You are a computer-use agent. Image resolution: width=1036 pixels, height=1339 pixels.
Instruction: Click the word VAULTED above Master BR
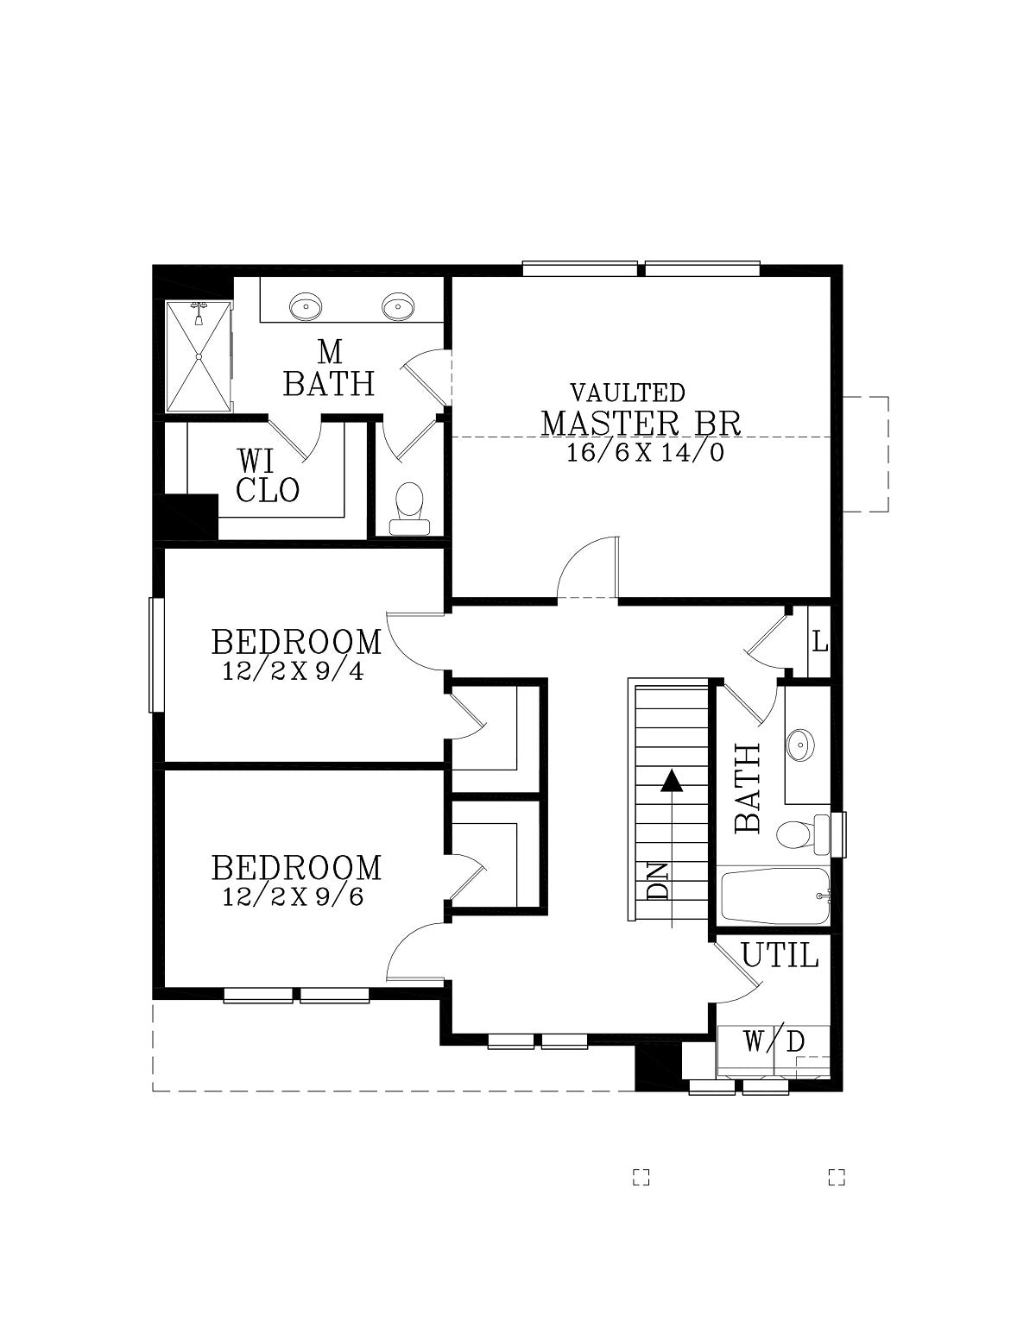click(x=628, y=393)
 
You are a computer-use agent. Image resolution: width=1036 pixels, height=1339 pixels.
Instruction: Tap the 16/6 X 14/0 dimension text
click(x=645, y=454)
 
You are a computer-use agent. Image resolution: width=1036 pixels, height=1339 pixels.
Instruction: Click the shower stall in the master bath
click(x=199, y=356)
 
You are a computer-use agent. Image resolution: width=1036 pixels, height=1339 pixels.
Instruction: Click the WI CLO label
click(x=268, y=475)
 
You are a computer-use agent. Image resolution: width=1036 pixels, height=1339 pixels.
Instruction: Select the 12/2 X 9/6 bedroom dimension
click(x=293, y=896)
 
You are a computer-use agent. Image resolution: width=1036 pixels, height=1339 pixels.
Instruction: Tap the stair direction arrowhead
click(x=672, y=782)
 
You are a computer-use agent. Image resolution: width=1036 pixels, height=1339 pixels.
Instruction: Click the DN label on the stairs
click(x=658, y=881)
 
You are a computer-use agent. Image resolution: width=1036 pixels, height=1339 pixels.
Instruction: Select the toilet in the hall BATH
click(x=802, y=833)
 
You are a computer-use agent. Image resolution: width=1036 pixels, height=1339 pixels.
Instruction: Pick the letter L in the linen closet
click(x=819, y=643)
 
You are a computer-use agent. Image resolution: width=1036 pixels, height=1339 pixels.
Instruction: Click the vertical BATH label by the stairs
click(x=749, y=789)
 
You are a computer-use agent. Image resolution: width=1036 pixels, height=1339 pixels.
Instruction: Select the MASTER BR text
click(x=641, y=424)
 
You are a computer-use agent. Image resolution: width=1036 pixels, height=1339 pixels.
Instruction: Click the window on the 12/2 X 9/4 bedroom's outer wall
click(x=157, y=655)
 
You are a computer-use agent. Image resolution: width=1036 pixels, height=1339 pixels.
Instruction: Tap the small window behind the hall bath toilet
click(x=838, y=834)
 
